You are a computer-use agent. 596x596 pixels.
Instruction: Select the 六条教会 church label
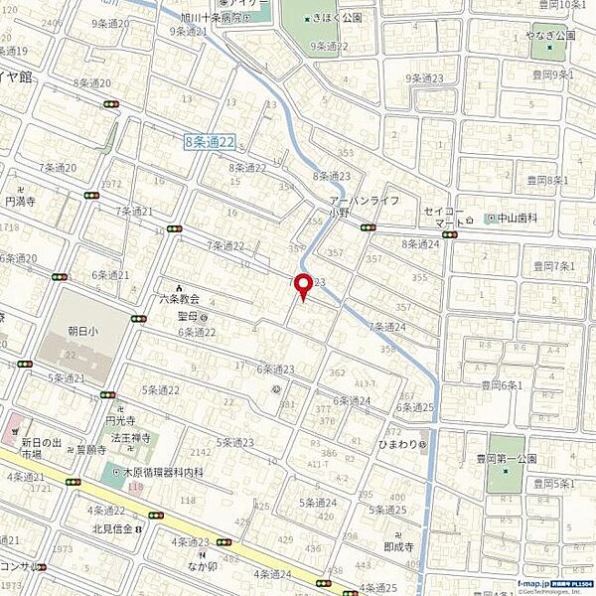179,298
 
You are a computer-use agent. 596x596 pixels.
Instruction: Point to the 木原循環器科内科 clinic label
164,473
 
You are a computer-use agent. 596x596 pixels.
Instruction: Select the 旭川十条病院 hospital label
213,18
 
